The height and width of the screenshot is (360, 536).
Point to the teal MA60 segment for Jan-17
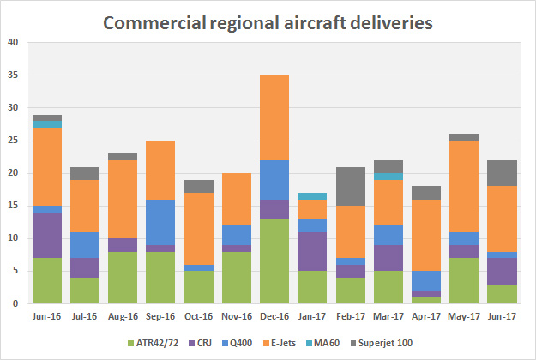pyautogui.click(x=313, y=196)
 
